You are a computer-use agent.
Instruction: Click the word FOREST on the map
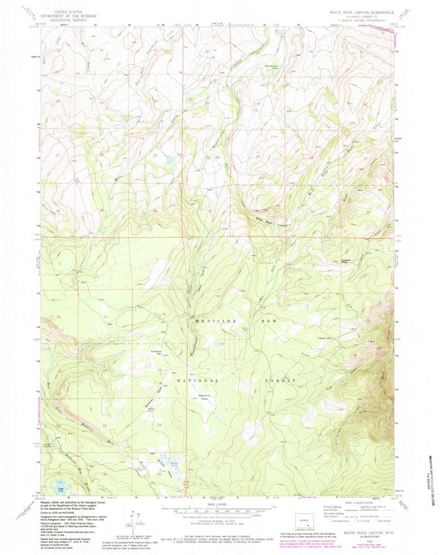click(x=281, y=381)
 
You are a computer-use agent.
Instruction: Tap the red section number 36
click(x=156, y=211)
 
